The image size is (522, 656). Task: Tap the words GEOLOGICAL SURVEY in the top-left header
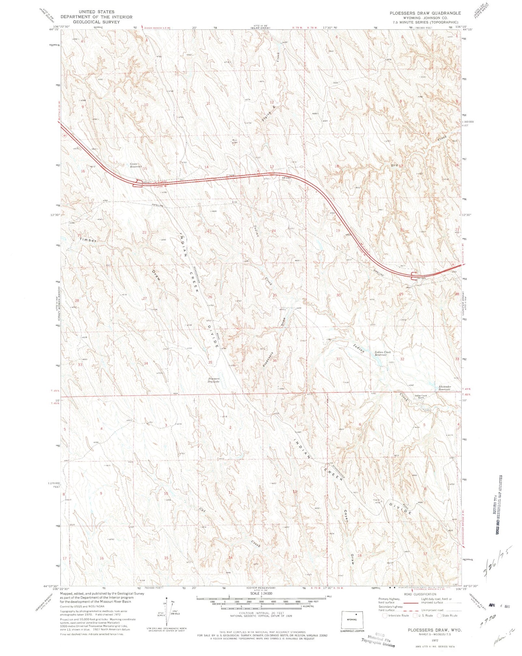click(x=96, y=22)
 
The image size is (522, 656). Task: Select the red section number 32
click(x=402, y=359)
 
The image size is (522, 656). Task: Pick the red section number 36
click(x=275, y=361)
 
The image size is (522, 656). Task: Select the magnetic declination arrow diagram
click(x=167, y=610)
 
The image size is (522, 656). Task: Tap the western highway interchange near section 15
click(x=138, y=184)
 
